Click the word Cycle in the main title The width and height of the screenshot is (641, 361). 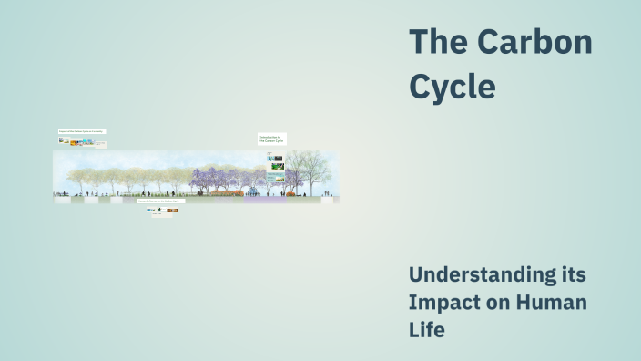453,86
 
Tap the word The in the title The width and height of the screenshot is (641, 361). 437,42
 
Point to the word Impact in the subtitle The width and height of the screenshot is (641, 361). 445,302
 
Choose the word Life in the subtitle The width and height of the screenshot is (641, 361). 427,329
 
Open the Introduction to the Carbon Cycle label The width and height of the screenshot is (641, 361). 271,139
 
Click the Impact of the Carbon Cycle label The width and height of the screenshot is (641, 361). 82,131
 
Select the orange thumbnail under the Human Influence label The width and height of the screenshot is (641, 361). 172,211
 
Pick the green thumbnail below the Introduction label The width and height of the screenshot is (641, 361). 276,168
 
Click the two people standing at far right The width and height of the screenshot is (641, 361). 326,193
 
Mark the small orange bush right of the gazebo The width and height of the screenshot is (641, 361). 290,193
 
